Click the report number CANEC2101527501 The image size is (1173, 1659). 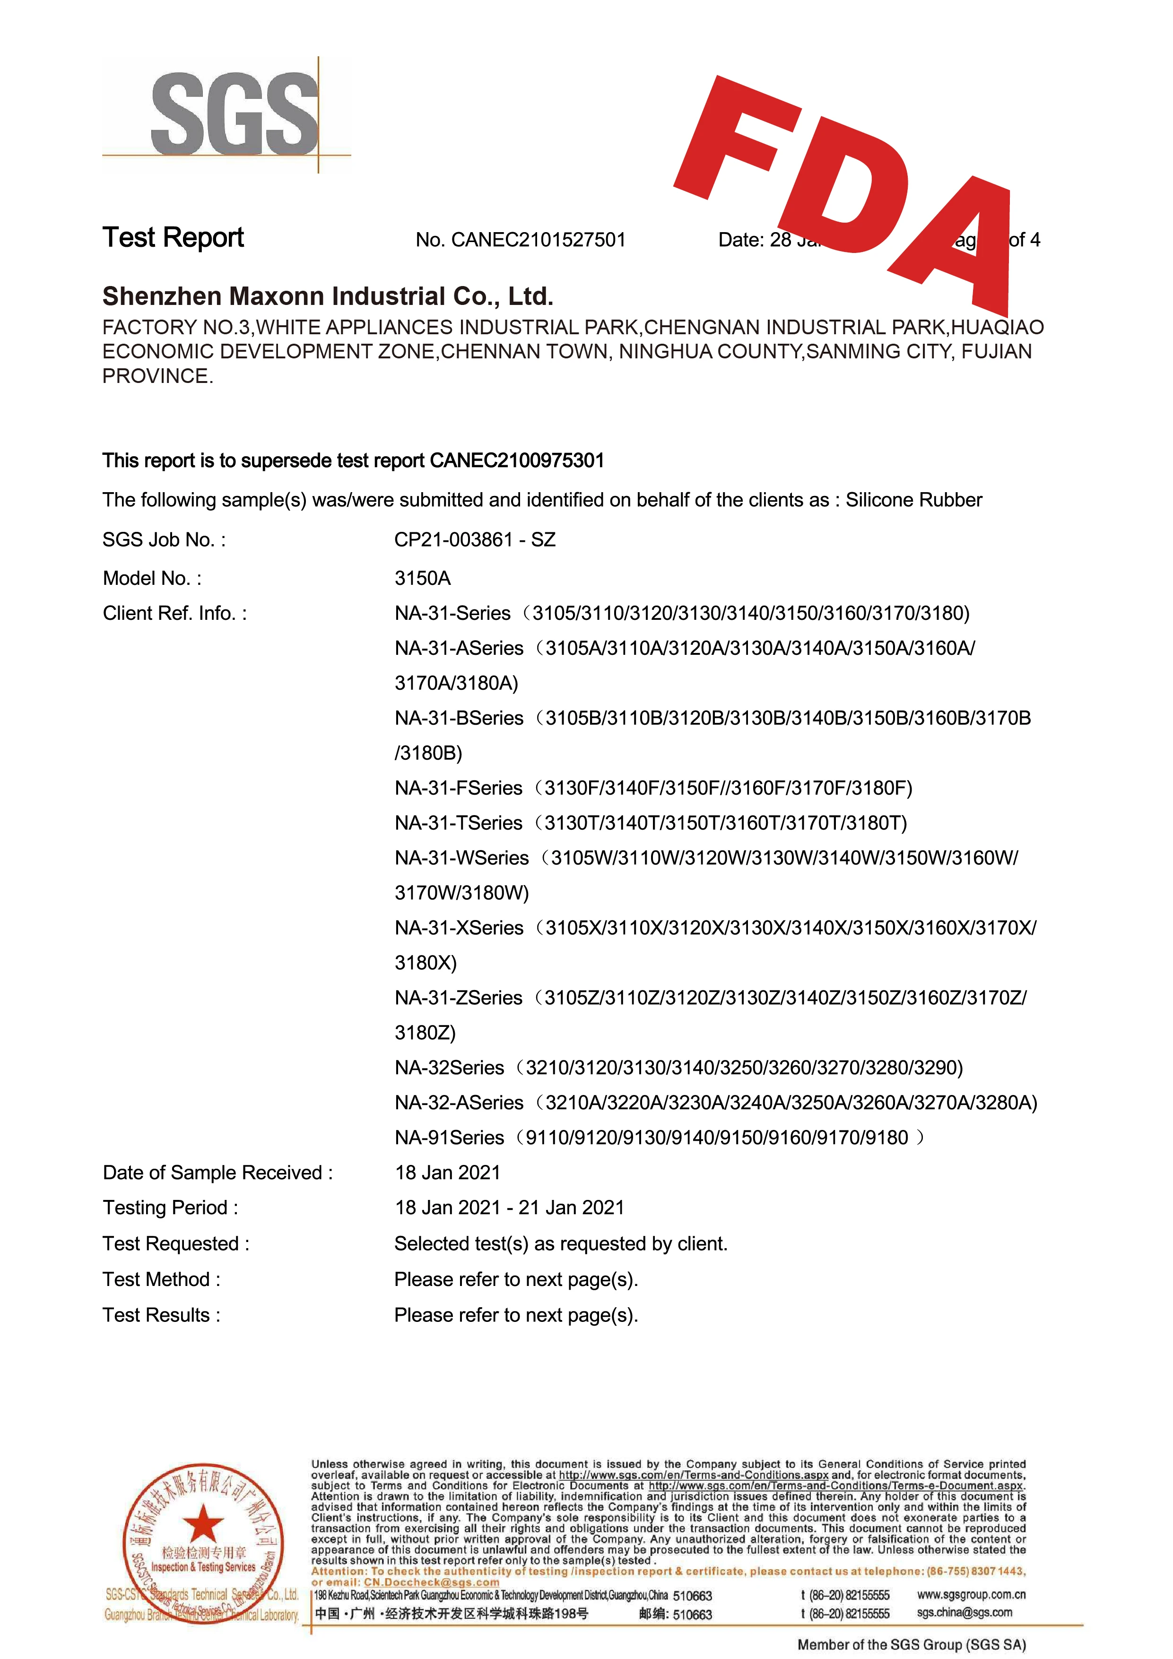pos(539,240)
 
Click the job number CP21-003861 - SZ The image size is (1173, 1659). pos(475,540)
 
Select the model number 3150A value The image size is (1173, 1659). pos(423,578)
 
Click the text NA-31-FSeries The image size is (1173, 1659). pos(458,788)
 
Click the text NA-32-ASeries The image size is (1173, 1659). pos(459,1103)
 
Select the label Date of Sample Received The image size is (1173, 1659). pos(217,1172)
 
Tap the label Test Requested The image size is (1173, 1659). pos(175,1243)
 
